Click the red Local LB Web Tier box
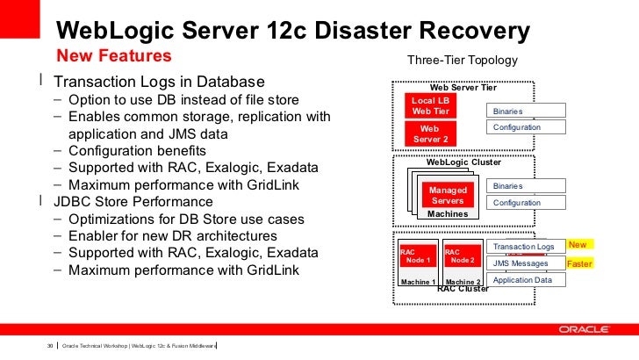430,105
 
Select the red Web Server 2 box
430,133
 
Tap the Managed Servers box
448,196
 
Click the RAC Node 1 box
417,256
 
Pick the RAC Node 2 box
461,256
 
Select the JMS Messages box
526,263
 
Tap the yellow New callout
578,244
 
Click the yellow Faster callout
580,263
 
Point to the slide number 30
50,344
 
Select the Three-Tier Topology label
463,61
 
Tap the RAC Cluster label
463,288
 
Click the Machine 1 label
418,281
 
